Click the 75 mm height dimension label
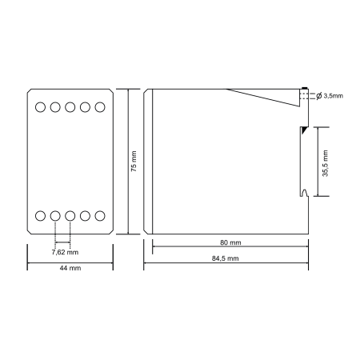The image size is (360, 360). click(x=134, y=161)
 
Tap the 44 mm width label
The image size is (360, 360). click(x=70, y=268)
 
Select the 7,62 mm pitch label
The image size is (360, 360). click(x=65, y=252)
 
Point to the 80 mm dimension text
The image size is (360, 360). click(x=230, y=242)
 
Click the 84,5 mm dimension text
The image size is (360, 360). click(x=226, y=258)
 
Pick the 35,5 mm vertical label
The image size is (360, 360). click(x=325, y=163)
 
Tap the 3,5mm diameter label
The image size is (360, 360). click(x=334, y=96)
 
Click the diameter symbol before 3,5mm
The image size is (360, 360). click(x=319, y=96)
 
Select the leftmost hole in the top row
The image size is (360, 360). click(x=40, y=107)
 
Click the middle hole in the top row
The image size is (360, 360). click(x=70, y=107)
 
